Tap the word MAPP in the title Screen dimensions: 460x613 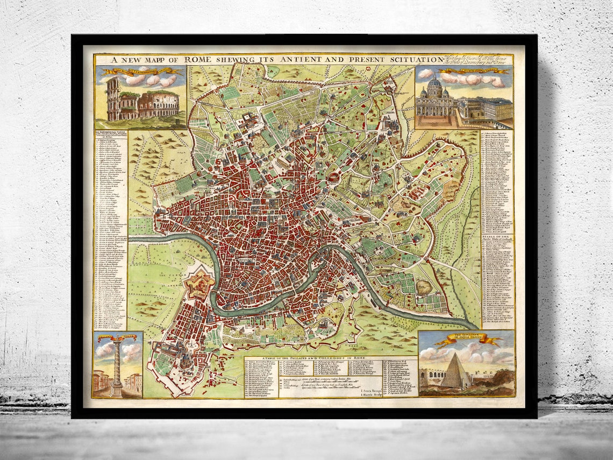pos(155,60)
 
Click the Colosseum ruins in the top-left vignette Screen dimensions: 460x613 pos(142,102)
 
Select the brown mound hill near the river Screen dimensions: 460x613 pos(424,287)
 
